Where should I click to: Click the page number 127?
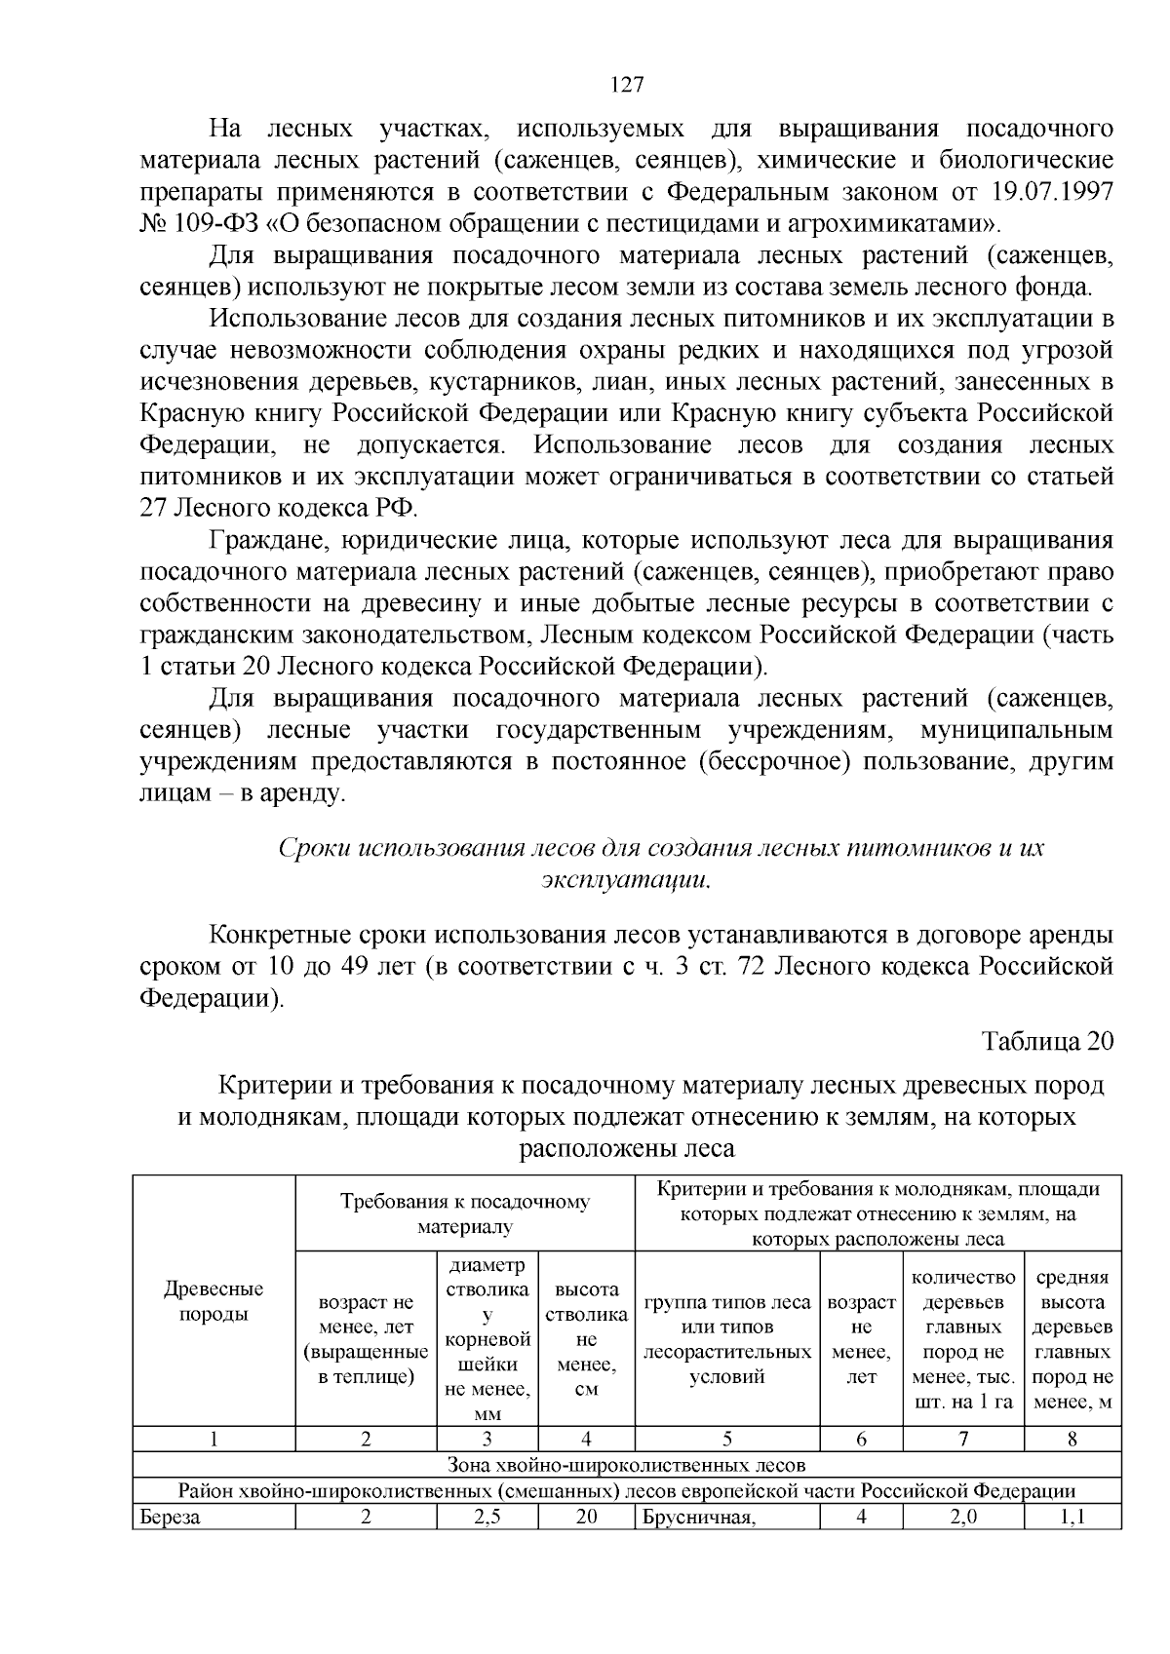pyautogui.click(x=627, y=85)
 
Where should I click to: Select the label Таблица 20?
pyautogui.click(x=1047, y=1041)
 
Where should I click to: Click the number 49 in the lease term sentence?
pyautogui.click(x=353, y=967)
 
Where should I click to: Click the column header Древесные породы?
pyautogui.click(x=214, y=1301)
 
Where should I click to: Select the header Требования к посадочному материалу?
pyautogui.click(x=465, y=1213)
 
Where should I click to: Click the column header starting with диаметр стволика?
pyautogui.click(x=487, y=1338)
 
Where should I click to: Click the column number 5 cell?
pyautogui.click(x=727, y=1440)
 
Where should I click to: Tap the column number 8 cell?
pyautogui.click(x=1072, y=1440)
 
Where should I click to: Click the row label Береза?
pyautogui.click(x=170, y=1517)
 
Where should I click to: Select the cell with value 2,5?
pyautogui.click(x=487, y=1517)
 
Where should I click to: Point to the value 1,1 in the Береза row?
pyautogui.click(x=1072, y=1517)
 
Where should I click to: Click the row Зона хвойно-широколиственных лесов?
pyautogui.click(x=627, y=1465)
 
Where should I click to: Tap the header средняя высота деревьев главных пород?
pyautogui.click(x=1072, y=1339)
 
